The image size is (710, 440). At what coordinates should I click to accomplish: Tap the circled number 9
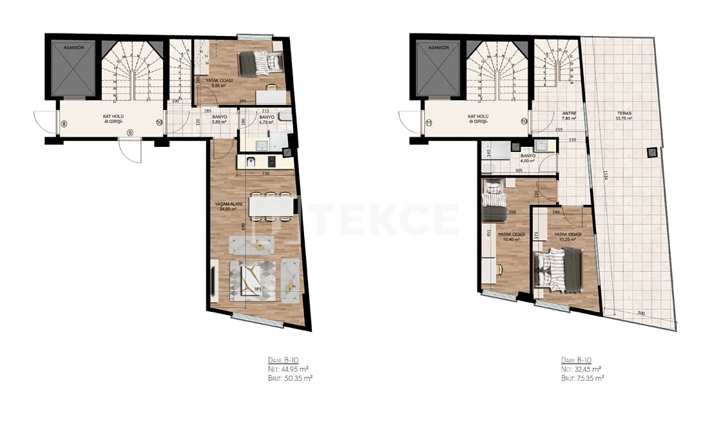coord(130,132)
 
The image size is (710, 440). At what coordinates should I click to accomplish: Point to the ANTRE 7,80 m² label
coord(570,116)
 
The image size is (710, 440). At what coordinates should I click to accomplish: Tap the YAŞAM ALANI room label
coord(225,207)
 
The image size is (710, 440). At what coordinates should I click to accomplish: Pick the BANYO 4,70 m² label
coord(267,119)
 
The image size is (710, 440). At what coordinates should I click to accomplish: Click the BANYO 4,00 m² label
coord(528,158)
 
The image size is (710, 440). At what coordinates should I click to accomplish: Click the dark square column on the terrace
coord(653,153)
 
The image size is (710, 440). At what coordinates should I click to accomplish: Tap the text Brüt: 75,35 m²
coord(582,379)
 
